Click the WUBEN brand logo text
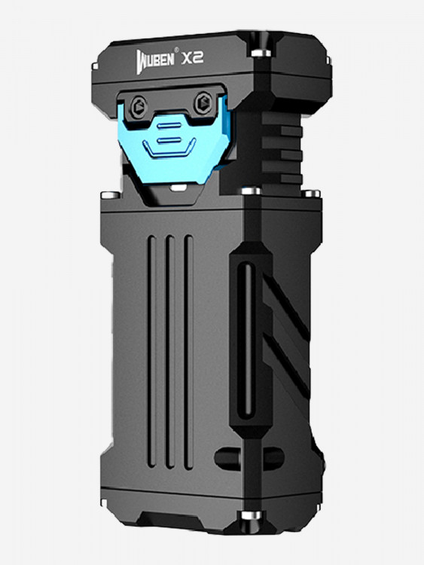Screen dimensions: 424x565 [x=155, y=60]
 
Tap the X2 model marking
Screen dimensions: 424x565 [x=192, y=58]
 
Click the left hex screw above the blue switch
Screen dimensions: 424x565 [x=139, y=107]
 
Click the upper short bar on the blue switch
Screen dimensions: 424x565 [x=169, y=126]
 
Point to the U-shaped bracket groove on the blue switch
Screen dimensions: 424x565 [x=169, y=150]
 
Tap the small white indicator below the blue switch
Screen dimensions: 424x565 [x=178, y=188]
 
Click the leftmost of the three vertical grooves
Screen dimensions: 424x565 [x=151, y=352]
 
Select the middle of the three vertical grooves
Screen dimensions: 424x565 [x=170, y=352]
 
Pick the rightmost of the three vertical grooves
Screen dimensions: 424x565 [x=188, y=353]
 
